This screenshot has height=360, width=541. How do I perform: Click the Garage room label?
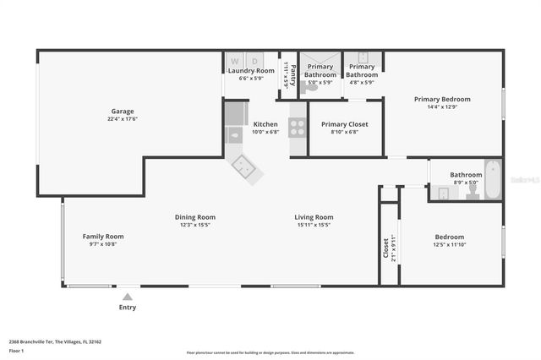123,111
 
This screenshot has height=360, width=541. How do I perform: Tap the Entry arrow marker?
128,297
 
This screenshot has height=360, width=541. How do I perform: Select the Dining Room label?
195,216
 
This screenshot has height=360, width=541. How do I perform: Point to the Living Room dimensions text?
314,225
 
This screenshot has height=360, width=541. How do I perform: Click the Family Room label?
103,236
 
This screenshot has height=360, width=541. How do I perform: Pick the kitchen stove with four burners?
298,128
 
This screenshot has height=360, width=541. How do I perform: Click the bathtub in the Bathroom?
492,180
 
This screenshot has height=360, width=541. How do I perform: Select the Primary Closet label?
345,124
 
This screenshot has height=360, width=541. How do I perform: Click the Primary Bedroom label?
442,99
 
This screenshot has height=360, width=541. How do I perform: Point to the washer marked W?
233,61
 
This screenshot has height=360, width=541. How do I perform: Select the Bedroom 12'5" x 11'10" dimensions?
450,244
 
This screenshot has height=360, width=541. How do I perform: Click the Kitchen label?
265,124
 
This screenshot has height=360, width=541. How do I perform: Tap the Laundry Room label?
251,71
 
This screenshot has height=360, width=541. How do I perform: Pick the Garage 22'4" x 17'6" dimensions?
123,118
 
